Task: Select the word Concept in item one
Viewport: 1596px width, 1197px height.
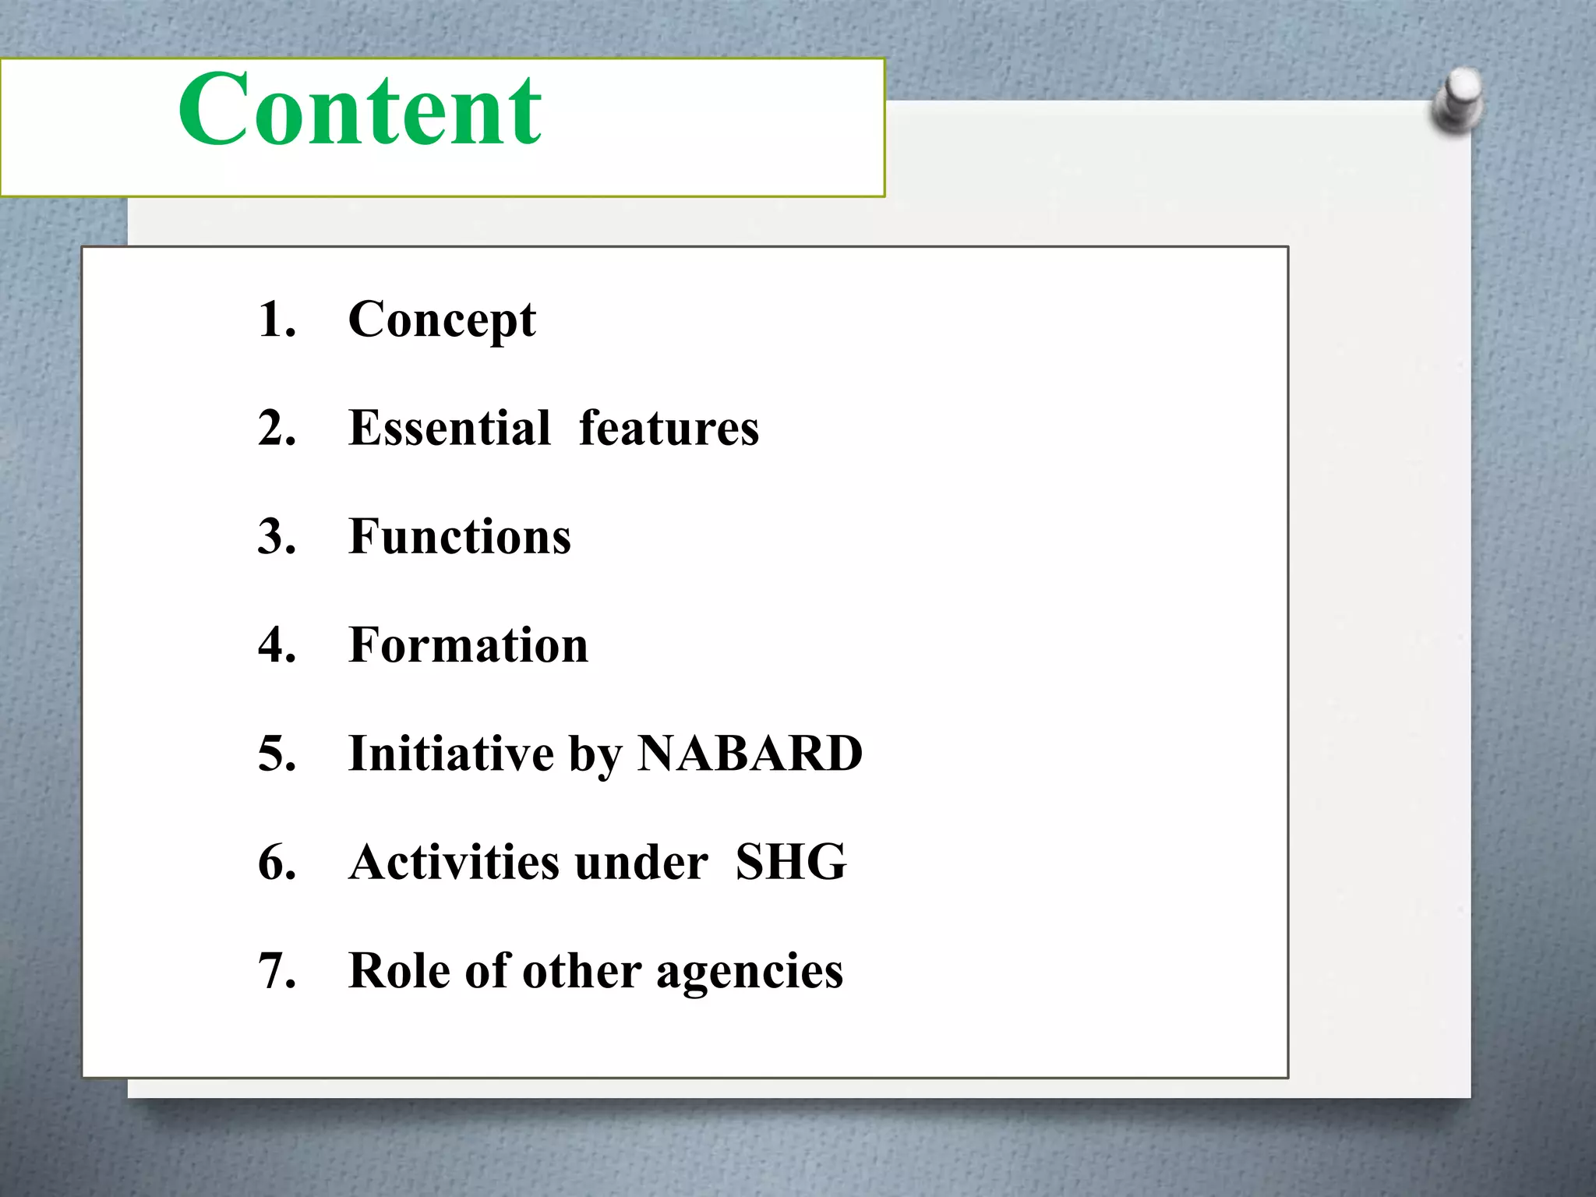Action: point(442,320)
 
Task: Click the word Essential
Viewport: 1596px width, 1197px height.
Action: point(450,428)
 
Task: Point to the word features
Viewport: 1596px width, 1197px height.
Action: point(669,428)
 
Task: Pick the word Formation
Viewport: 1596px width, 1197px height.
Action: point(468,645)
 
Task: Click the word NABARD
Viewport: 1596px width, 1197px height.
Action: point(750,754)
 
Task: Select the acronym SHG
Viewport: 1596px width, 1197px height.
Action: point(790,862)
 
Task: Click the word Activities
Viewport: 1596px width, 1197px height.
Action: point(454,862)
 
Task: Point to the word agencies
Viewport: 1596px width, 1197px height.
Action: point(749,973)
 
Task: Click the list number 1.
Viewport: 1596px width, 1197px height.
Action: point(276,320)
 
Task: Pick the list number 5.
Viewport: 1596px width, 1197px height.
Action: point(277,754)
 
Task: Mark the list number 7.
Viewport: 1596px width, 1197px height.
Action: point(277,971)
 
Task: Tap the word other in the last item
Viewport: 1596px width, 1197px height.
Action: point(581,971)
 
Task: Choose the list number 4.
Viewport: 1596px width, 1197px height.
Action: point(277,645)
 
